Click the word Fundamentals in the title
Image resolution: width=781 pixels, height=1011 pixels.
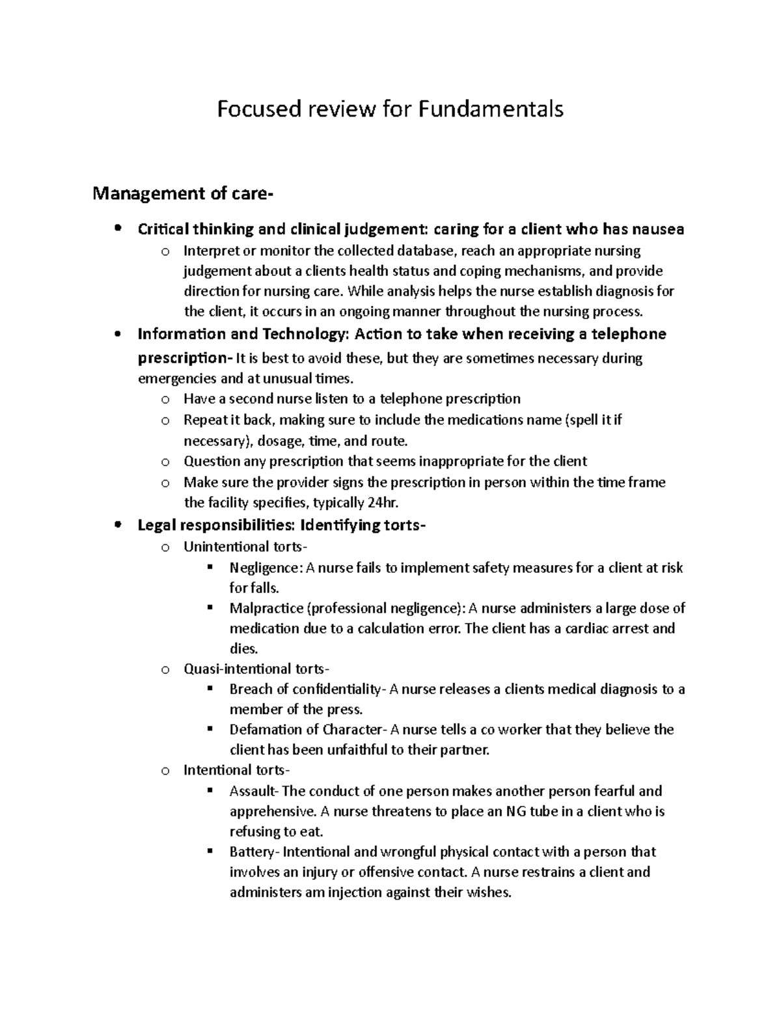[x=491, y=109]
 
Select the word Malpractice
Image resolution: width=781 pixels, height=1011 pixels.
[x=266, y=608]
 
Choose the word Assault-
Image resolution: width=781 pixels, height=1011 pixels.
[x=254, y=791]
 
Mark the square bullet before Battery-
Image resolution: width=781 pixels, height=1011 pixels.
[x=210, y=851]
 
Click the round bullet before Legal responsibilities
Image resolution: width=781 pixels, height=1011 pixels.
[x=117, y=525]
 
